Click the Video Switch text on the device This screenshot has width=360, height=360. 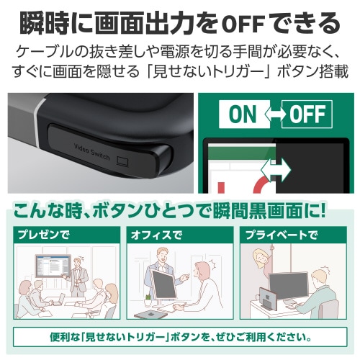92,153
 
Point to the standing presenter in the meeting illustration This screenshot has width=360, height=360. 81,277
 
